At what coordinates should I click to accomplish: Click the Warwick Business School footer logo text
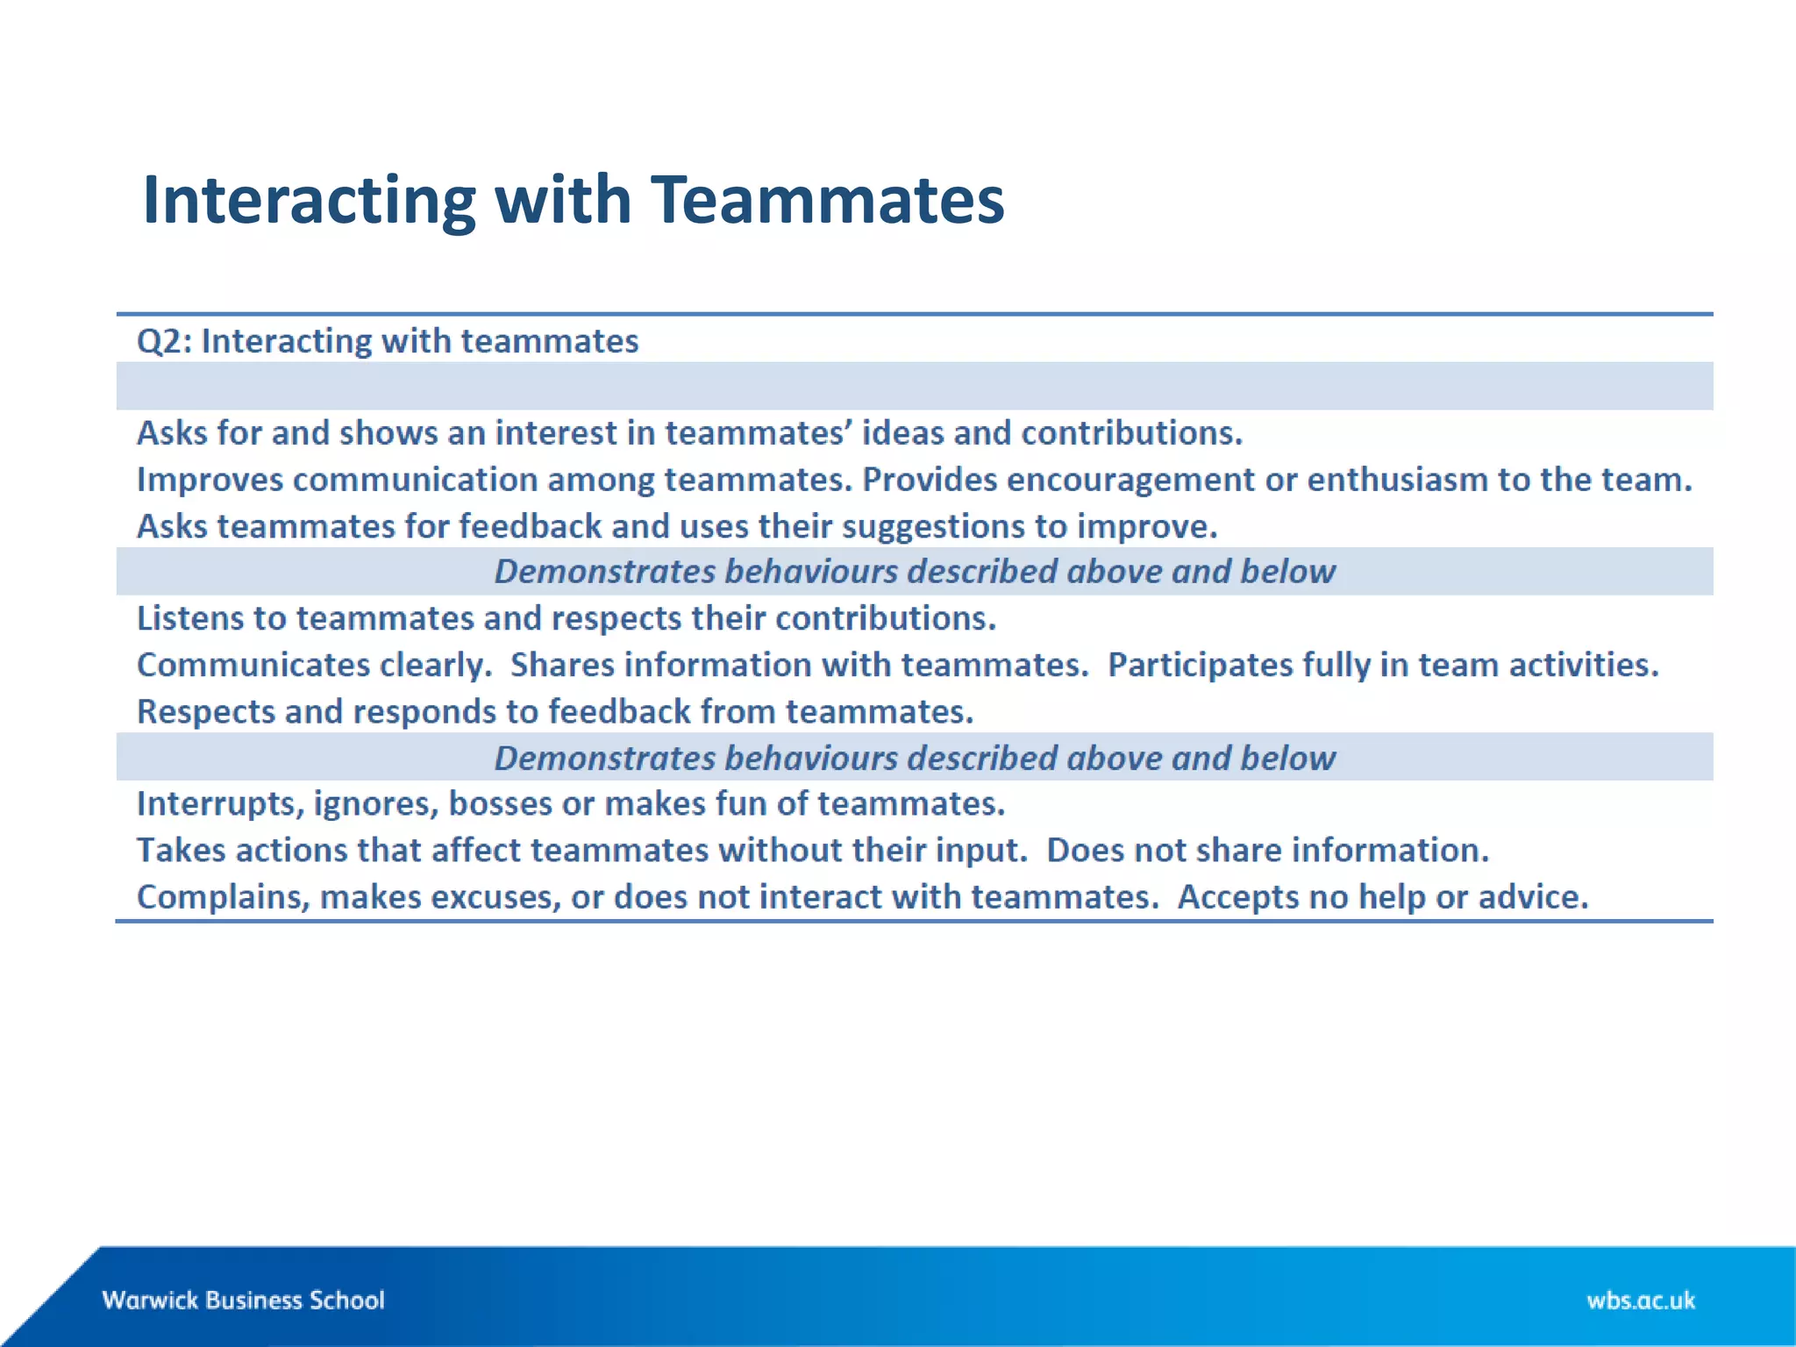243,1300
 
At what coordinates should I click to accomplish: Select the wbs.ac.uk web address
1640,1300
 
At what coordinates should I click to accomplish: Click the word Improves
210,480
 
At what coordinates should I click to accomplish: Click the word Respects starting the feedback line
206,711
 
